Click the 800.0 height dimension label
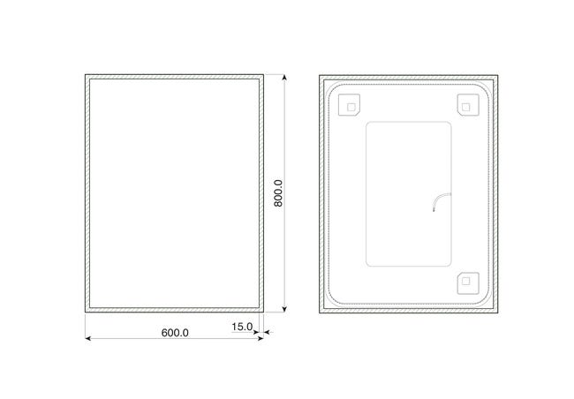point(278,193)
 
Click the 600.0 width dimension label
point(175,333)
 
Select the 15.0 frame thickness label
point(242,327)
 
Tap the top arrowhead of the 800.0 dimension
point(284,77)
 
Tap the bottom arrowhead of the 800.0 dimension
point(284,309)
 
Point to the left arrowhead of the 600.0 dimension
point(87,338)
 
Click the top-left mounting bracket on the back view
point(349,105)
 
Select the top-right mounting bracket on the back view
point(468,105)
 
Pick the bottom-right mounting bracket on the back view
point(468,283)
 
